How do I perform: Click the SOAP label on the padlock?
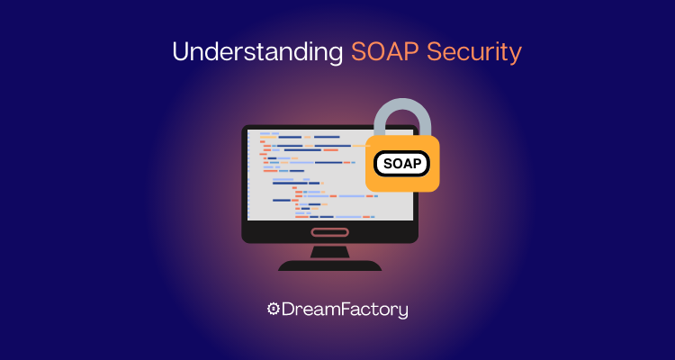(401, 164)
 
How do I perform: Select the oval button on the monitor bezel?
(329, 231)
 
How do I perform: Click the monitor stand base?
(329, 265)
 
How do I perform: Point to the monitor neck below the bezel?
(329, 250)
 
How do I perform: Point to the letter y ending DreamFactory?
(402, 311)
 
